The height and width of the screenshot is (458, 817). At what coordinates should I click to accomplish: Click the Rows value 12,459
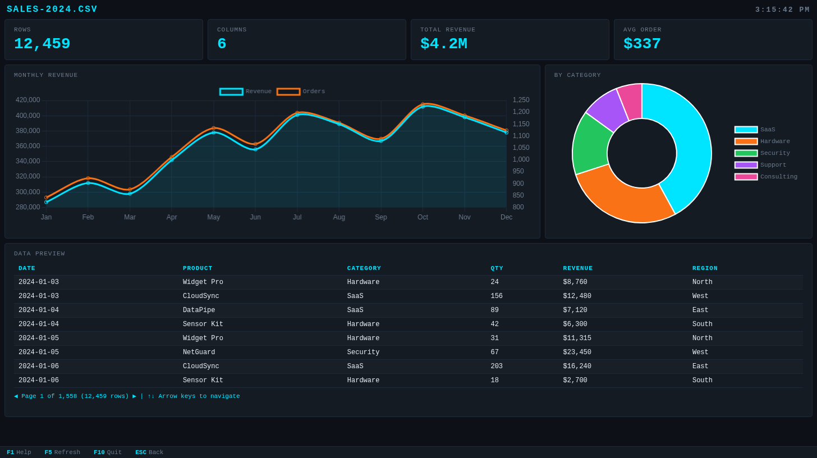pyautogui.click(x=42, y=44)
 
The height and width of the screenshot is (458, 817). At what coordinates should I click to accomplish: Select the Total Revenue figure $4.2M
pyautogui.click(x=443, y=44)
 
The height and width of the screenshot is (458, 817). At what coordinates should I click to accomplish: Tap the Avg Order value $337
pyautogui.click(x=642, y=44)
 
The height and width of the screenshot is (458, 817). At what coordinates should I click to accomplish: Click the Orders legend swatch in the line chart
pyautogui.click(x=288, y=91)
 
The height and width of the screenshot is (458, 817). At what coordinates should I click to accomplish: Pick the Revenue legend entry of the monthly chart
pyautogui.click(x=246, y=91)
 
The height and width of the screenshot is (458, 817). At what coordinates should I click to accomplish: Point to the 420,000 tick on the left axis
pyautogui.click(x=28, y=100)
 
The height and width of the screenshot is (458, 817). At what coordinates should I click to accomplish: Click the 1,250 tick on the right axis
pyautogui.click(x=521, y=100)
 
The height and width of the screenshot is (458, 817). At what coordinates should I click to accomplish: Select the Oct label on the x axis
pyautogui.click(x=423, y=217)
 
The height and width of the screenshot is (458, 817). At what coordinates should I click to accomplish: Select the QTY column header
pyautogui.click(x=497, y=268)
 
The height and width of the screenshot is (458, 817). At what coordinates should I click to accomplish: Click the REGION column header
pyautogui.click(x=705, y=268)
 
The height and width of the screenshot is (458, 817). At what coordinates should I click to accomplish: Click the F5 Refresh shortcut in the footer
pyautogui.click(x=62, y=452)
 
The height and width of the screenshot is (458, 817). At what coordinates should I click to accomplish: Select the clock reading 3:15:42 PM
pyautogui.click(x=782, y=10)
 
